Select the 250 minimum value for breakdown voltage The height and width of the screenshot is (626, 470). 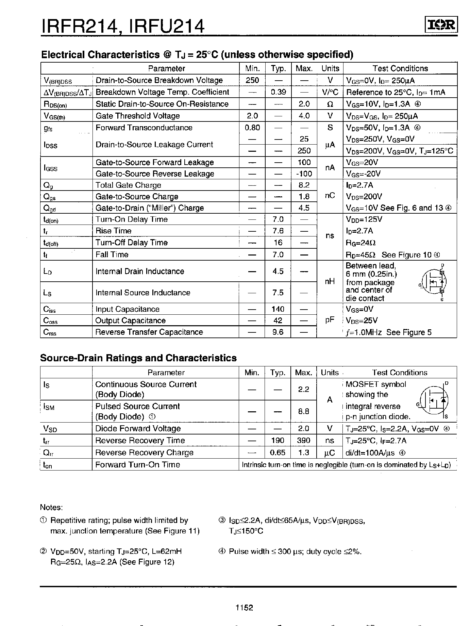(252, 80)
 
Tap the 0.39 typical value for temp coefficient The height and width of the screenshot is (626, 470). (278, 92)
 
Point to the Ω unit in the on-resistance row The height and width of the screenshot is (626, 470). (330, 104)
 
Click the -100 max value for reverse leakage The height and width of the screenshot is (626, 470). (304, 174)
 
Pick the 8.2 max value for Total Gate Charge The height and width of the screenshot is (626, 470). (304, 185)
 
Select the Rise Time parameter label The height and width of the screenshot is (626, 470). (113, 231)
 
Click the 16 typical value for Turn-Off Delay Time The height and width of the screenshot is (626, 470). (278, 243)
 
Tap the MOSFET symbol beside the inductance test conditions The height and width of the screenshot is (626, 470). (434, 282)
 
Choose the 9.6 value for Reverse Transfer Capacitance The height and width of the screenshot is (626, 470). (278, 332)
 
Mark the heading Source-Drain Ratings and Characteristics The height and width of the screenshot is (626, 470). (138, 358)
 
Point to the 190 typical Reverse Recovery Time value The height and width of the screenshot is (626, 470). (278, 441)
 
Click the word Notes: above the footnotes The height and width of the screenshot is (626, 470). (51, 507)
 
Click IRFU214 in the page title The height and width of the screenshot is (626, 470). (167, 26)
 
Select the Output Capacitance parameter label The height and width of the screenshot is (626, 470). (130, 320)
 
